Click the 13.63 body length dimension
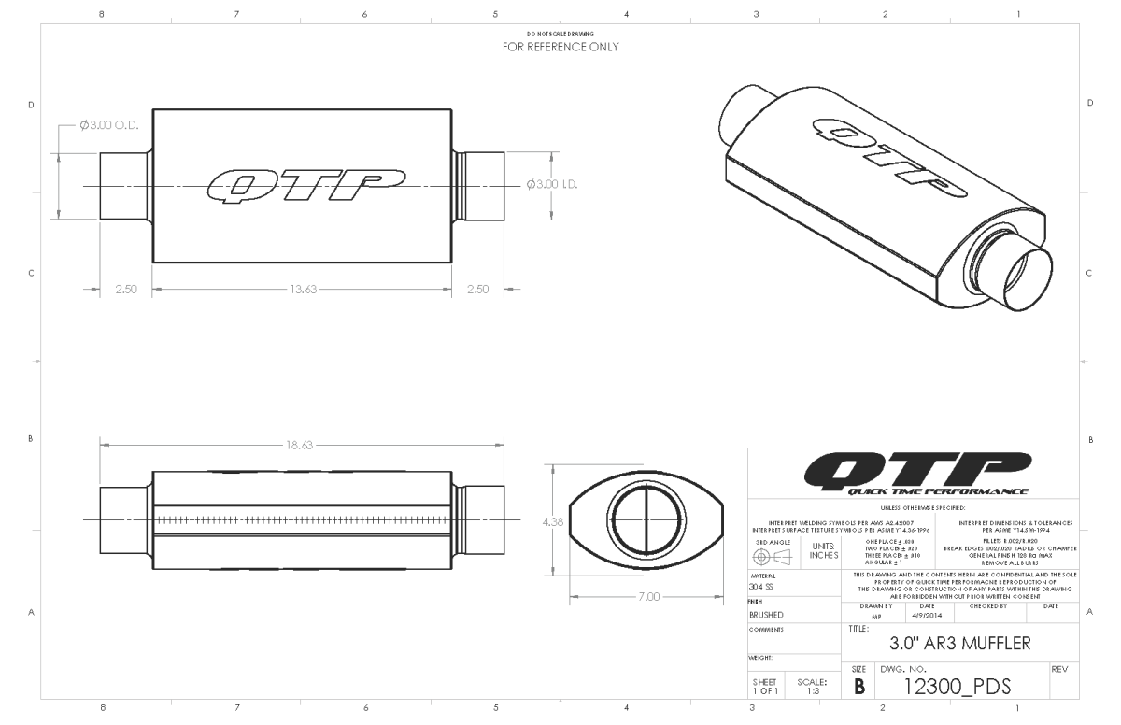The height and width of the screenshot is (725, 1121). click(303, 290)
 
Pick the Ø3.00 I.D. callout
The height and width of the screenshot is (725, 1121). click(552, 184)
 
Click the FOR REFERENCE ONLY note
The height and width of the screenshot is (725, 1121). click(560, 46)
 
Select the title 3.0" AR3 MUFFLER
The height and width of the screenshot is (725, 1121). click(960, 643)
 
